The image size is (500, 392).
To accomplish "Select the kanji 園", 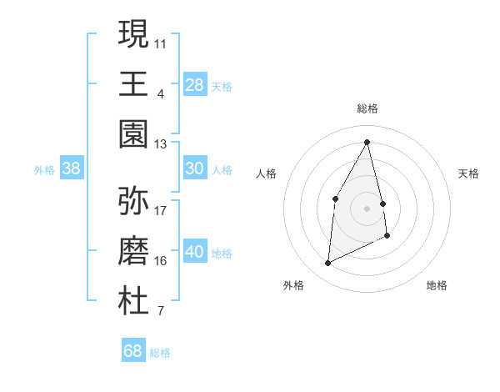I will point(133,134).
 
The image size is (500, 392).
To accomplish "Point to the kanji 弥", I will point(133,201).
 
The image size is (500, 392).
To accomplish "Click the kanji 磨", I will point(133,251).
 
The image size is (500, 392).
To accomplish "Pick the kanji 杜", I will point(133,301).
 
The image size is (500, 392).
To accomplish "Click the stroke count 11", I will point(161,42).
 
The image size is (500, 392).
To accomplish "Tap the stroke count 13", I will point(161,143).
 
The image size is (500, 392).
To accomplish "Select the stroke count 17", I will point(161,210).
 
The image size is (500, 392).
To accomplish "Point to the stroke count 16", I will point(161,260).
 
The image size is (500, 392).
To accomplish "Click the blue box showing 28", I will point(194,84).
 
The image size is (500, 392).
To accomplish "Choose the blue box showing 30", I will point(194,168).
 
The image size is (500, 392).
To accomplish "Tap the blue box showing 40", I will point(194,252).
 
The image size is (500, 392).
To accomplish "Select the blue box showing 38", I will point(72,168).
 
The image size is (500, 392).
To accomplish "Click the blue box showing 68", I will point(133,351).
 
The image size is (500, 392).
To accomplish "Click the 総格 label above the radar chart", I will point(367,108).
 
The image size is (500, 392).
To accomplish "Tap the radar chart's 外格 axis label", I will point(293,285).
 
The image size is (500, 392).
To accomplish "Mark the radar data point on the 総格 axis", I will point(367,142).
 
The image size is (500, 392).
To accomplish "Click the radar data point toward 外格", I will point(327,264).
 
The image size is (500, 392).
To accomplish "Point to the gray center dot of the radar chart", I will point(367,208).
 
